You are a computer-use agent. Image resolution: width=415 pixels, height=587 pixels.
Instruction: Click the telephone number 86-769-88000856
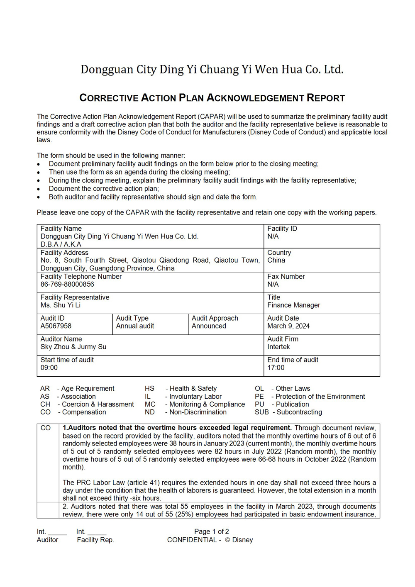(x=67, y=285)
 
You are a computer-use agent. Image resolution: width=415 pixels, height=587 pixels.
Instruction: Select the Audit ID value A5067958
(x=56, y=326)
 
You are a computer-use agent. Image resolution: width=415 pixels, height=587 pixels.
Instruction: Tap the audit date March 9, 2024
(x=288, y=326)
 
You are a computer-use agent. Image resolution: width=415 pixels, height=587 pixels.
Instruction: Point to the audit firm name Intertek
(x=278, y=347)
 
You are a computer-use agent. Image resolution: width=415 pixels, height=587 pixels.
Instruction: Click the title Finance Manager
(x=294, y=305)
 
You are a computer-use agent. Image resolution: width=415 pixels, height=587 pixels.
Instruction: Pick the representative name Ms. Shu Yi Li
(x=61, y=305)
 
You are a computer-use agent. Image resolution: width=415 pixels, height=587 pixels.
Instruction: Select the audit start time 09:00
(x=49, y=368)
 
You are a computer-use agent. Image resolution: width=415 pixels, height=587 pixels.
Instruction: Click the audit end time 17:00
(x=276, y=368)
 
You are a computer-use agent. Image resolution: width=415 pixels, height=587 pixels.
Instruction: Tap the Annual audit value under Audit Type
(x=135, y=326)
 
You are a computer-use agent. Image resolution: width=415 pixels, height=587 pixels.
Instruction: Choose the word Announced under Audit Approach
(x=209, y=326)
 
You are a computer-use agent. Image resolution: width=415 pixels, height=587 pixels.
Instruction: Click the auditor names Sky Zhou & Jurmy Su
(x=73, y=347)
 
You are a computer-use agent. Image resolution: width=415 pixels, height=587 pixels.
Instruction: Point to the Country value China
(x=276, y=261)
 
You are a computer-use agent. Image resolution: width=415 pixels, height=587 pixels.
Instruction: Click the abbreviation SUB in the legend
(x=262, y=412)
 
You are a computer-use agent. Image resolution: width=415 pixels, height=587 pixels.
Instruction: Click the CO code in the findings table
(x=46, y=428)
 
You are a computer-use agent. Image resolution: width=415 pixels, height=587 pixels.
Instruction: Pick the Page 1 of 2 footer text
(x=212, y=532)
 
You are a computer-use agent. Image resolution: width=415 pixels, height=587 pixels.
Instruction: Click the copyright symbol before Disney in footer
(x=227, y=540)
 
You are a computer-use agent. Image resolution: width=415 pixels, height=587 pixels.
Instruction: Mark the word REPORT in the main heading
(x=326, y=98)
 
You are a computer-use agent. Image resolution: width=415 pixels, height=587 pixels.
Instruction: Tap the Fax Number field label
(x=286, y=277)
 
